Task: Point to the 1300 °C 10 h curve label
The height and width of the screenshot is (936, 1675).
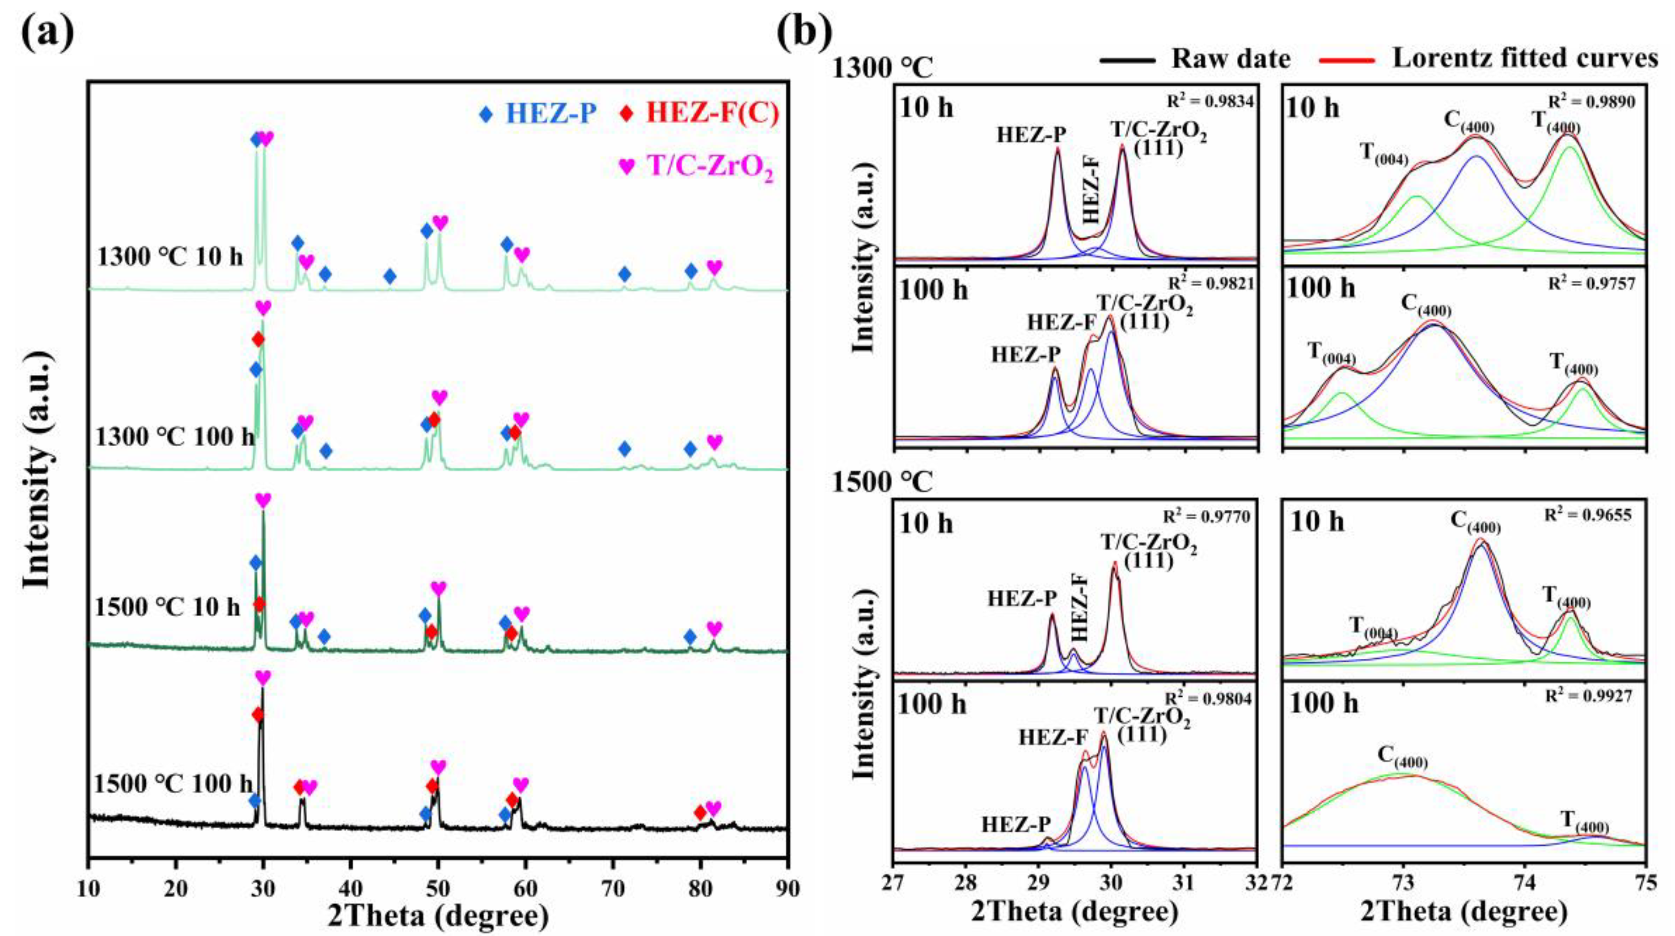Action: coord(170,257)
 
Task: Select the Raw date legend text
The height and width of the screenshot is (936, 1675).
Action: coord(1230,59)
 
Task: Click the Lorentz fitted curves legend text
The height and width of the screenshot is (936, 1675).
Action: coord(1525,59)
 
